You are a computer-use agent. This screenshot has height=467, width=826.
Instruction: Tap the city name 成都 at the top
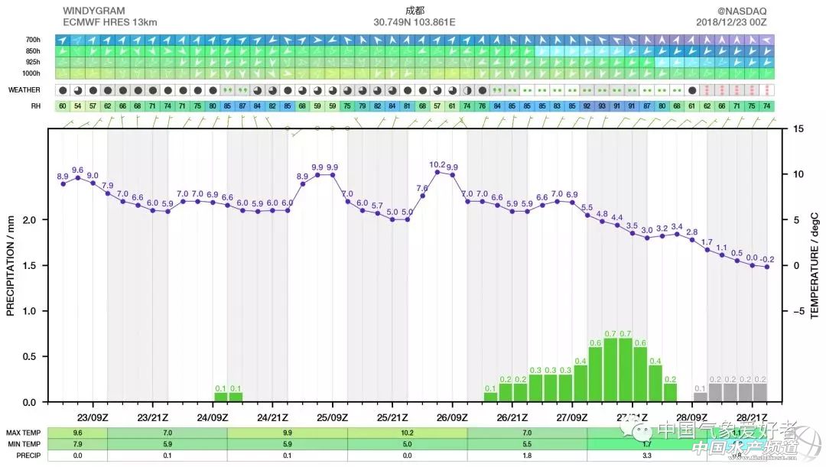414,11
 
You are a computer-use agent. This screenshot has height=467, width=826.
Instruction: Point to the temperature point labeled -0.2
767,267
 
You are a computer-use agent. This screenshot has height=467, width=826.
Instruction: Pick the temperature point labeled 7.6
422,196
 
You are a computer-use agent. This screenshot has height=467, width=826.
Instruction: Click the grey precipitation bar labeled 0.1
701,397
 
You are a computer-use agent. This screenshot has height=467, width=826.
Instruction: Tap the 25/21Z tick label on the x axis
392,417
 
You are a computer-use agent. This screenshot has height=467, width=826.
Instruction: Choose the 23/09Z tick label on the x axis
93,417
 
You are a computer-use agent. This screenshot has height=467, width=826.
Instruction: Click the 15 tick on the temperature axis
798,129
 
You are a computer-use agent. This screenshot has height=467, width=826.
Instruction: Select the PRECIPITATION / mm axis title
11,265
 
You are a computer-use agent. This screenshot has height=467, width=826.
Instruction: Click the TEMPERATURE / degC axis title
815,265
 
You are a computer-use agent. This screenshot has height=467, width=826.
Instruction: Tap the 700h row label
33,40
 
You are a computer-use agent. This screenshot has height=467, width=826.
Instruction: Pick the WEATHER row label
24,89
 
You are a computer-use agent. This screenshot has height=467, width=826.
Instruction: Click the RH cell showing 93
602,106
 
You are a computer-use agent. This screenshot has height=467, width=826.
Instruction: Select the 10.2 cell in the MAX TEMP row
407,433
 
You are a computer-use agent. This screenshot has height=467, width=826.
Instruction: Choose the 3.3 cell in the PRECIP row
647,456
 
